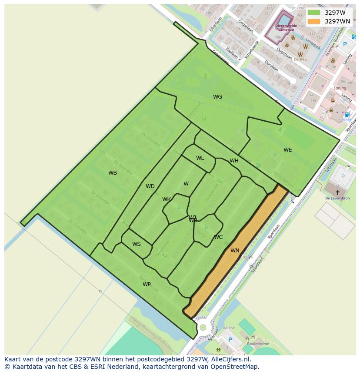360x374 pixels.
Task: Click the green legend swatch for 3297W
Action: [313, 13]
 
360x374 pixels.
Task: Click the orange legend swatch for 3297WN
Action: [313, 21]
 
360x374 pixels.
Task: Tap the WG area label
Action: [217, 97]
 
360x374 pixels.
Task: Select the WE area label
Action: [287, 150]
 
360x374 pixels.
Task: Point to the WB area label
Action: [113, 173]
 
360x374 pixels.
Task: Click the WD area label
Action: [150, 186]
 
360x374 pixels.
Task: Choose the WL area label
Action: [200, 158]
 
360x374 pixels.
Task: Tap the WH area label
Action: [234, 161]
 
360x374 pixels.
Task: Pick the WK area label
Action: [167, 199]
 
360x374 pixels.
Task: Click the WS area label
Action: [137, 244]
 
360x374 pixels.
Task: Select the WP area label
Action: [147, 285]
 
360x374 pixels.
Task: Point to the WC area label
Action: [218, 237]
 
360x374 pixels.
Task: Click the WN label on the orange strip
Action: [235, 251]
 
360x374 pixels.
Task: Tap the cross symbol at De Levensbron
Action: [337, 192]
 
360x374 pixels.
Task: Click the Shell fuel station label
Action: [347, 120]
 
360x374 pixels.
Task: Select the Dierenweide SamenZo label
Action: [286, 28]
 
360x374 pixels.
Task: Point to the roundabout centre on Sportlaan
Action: [203, 327]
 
